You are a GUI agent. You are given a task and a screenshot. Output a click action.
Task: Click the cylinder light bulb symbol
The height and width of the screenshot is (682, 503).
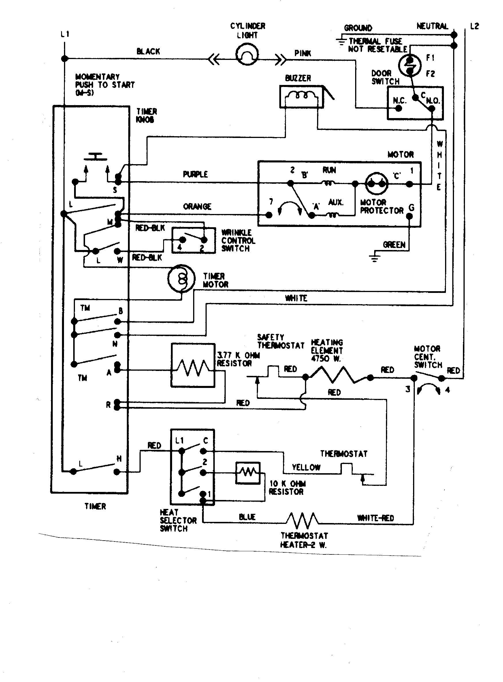tap(247, 55)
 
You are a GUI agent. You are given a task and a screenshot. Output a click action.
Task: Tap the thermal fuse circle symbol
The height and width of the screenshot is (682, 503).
tap(410, 65)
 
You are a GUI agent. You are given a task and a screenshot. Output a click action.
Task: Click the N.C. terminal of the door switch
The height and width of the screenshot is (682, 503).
tap(399, 108)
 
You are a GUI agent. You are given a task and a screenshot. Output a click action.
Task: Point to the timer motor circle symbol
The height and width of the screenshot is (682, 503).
tap(181, 278)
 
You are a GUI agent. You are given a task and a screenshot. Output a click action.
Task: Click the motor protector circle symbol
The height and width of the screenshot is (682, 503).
tap(376, 184)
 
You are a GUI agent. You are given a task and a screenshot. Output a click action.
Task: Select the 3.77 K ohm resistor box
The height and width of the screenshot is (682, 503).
tap(193, 365)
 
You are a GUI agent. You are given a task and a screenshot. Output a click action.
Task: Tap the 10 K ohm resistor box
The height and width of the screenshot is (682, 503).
tap(248, 473)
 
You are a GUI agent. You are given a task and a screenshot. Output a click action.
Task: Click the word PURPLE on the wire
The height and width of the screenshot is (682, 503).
tap(195, 174)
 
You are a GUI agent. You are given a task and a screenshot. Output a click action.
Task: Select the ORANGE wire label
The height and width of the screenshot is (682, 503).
tap(197, 207)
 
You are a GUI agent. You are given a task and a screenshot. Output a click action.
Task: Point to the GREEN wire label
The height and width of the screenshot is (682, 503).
tap(394, 245)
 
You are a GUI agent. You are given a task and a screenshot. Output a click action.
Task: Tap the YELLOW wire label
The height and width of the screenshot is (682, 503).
tap(306, 467)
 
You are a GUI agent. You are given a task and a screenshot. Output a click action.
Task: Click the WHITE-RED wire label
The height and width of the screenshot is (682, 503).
tap(375, 518)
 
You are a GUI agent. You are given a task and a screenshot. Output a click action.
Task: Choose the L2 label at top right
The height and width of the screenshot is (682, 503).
tap(474, 26)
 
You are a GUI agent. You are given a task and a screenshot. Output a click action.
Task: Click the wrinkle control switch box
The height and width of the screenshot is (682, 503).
tap(193, 240)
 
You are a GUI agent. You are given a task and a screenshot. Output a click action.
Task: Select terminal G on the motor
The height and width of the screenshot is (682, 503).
tap(410, 216)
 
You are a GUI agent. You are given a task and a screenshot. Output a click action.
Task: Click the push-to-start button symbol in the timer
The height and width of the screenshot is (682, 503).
tap(96, 157)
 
